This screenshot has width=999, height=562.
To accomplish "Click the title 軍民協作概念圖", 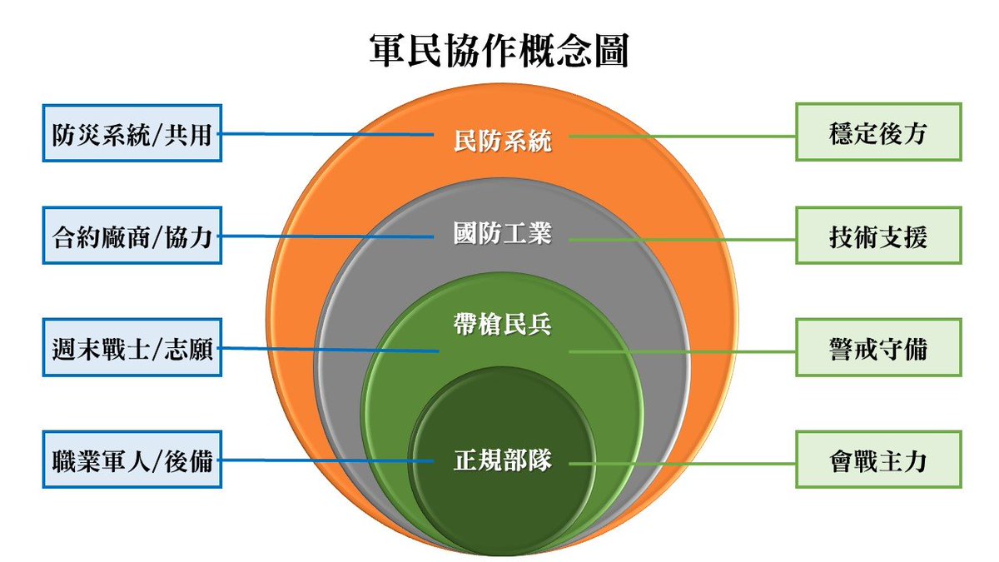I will click(x=499, y=51).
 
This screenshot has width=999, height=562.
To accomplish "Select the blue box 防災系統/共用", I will click(x=132, y=132).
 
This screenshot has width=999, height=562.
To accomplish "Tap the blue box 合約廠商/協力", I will click(x=132, y=236).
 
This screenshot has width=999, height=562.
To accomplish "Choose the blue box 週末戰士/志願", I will click(x=132, y=348).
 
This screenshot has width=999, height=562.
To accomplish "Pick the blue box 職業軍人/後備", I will click(x=132, y=460).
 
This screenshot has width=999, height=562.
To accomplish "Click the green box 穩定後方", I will click(x=878, y=132).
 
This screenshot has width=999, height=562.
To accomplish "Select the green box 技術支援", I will click(x=878, y=237).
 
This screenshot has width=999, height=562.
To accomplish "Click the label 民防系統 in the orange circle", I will click(x=503, y=141).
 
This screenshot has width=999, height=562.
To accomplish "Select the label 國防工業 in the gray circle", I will click(x=503, y=234).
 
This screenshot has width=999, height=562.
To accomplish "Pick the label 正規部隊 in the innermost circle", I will click(x=503, y=459).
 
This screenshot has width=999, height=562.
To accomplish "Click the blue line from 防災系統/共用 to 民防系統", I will click(x=333, y=133).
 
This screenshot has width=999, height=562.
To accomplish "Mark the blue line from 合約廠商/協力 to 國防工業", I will click(x=333, y=236).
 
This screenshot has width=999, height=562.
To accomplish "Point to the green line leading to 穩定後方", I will click(x=683, y=137).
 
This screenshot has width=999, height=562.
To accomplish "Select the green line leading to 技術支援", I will click(x=683, y=240).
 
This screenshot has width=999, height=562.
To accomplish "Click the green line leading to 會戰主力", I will click(x=683, y=463).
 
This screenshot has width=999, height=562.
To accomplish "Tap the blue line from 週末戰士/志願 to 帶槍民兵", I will click(x=333, y=350).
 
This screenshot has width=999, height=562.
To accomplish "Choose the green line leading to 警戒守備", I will click(x=683, y=351).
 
